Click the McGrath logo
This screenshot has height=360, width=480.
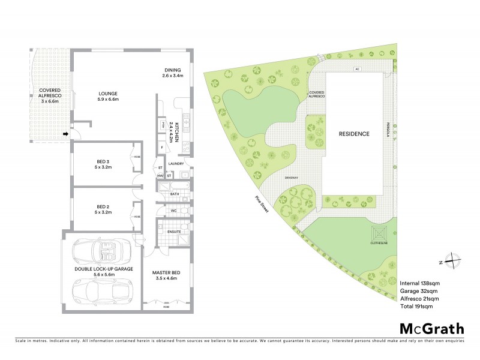pyautogui.click(x=431, y=328)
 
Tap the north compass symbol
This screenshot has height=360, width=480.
pyautogui.click(x=451, y=262)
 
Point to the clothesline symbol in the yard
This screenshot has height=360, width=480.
pyautogui.click(x=379, y=232)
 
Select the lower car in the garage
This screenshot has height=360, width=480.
pyautogui.click(x=100, y=292)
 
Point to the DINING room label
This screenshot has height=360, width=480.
pyautogui.click(x=172, y=69)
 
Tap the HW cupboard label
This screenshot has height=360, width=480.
pyautogui.click(x=160, y=176)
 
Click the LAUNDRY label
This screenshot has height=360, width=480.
pyautogui.click(x=176, y=163)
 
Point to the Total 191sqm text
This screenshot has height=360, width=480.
pyautogui.click(x=416, y=306)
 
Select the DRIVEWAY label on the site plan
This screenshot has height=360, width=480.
pyautogui.click(x=292, y=178)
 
